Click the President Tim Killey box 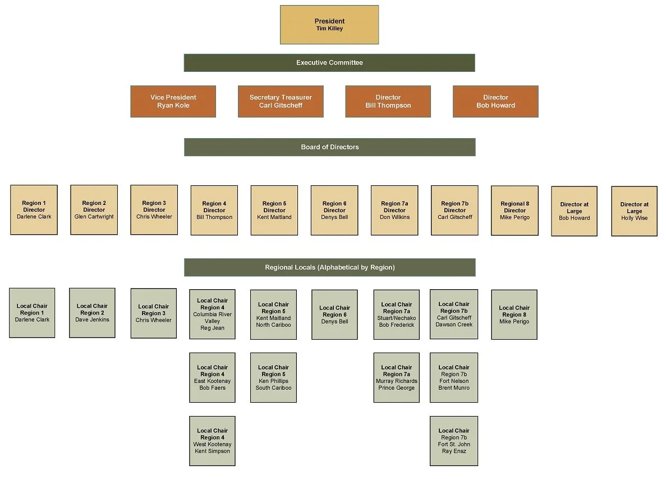(x=329, y=25)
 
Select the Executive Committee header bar (x=329, y=63)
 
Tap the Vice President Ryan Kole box (x=173, y=102)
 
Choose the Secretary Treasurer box (x=281, y=102)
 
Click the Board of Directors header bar (x=329, y=147)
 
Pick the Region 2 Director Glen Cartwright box (x=94, y=210)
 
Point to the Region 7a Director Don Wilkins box (x=394, y=211)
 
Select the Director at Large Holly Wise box (x=634, y=211)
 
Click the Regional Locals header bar (x=329, y=267)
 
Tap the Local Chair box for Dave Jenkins (x=92, y=313)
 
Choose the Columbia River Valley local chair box (x=212, y=314)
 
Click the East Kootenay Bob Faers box (x=212, y=377)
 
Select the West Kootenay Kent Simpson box (x=212, y=441)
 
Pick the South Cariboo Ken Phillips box (x=273, y=377)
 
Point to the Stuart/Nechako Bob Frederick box (x=396, y=314)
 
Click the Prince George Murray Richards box (x=396, y=377)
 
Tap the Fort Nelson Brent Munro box (x=454, y=377)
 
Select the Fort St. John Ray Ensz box (x=454, y=441)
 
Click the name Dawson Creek (x=454, y=325)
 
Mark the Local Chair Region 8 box (x=514, y=314)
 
